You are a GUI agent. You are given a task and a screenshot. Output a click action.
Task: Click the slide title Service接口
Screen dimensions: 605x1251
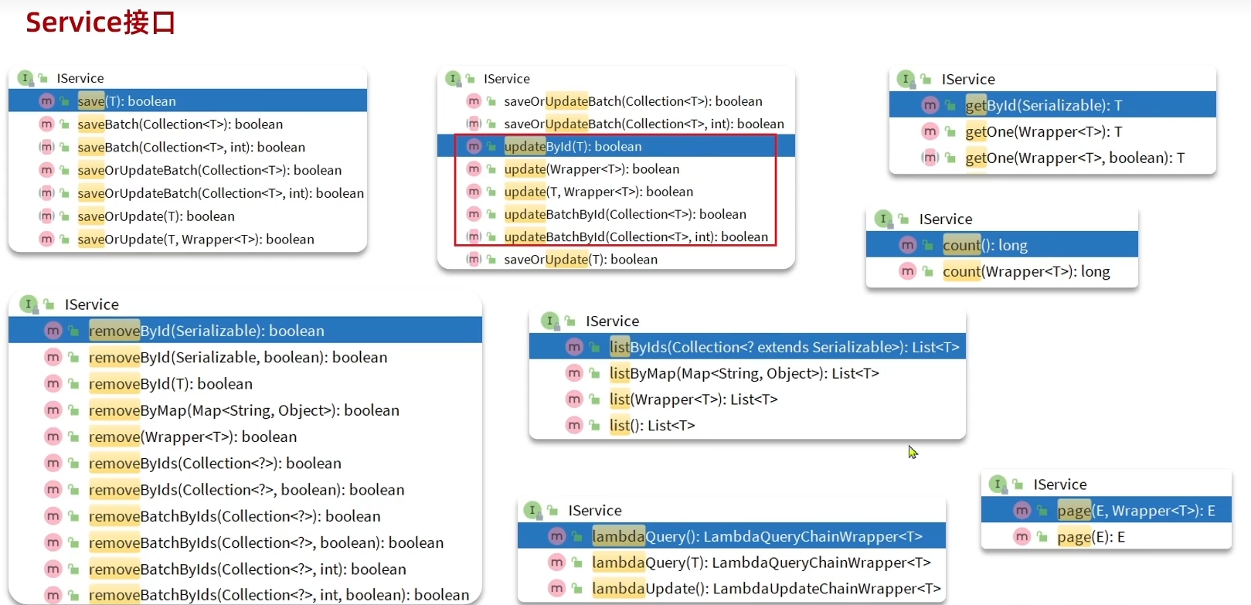[100, 22]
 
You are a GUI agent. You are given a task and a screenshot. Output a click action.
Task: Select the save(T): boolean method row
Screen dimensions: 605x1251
[127, 101]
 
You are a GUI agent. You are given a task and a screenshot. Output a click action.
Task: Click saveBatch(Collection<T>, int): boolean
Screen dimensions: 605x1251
[191, 148]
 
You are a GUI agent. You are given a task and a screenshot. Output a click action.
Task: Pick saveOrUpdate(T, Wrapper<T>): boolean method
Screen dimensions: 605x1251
[195, 240]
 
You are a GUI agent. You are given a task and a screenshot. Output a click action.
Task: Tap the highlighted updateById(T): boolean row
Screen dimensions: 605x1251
[573, 146]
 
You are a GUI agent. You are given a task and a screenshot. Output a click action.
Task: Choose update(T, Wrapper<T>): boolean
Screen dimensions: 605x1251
[598, 192]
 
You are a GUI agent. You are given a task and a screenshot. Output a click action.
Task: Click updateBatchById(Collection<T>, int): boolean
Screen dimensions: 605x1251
[636, 237]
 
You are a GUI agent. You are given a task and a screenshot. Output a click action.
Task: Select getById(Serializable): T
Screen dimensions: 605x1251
[1043, 106]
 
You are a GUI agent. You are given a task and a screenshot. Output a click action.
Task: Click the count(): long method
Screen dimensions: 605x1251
[984, 246]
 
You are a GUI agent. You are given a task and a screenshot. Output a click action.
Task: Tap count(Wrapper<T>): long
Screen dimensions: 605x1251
[1025, 272]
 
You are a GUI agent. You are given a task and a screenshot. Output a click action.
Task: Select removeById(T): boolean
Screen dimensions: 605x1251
[170, 384]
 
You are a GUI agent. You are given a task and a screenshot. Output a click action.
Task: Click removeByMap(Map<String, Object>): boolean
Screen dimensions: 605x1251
[243, 410]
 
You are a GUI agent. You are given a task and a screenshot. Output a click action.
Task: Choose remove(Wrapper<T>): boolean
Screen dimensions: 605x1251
[192, 437]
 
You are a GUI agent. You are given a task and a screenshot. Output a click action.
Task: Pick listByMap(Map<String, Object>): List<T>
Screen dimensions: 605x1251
[743, 374]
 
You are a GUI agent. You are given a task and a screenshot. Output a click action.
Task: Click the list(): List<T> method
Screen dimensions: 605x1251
[651, 426]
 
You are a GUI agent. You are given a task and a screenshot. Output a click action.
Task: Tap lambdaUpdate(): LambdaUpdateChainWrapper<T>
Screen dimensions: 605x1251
[766, 589]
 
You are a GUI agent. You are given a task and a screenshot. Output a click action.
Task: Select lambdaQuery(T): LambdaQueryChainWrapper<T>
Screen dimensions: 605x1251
[760, 563]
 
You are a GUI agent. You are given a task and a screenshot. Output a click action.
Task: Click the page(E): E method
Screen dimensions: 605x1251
[1090, 537]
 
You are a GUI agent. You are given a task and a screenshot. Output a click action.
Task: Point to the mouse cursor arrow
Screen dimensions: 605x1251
[913, 452]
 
